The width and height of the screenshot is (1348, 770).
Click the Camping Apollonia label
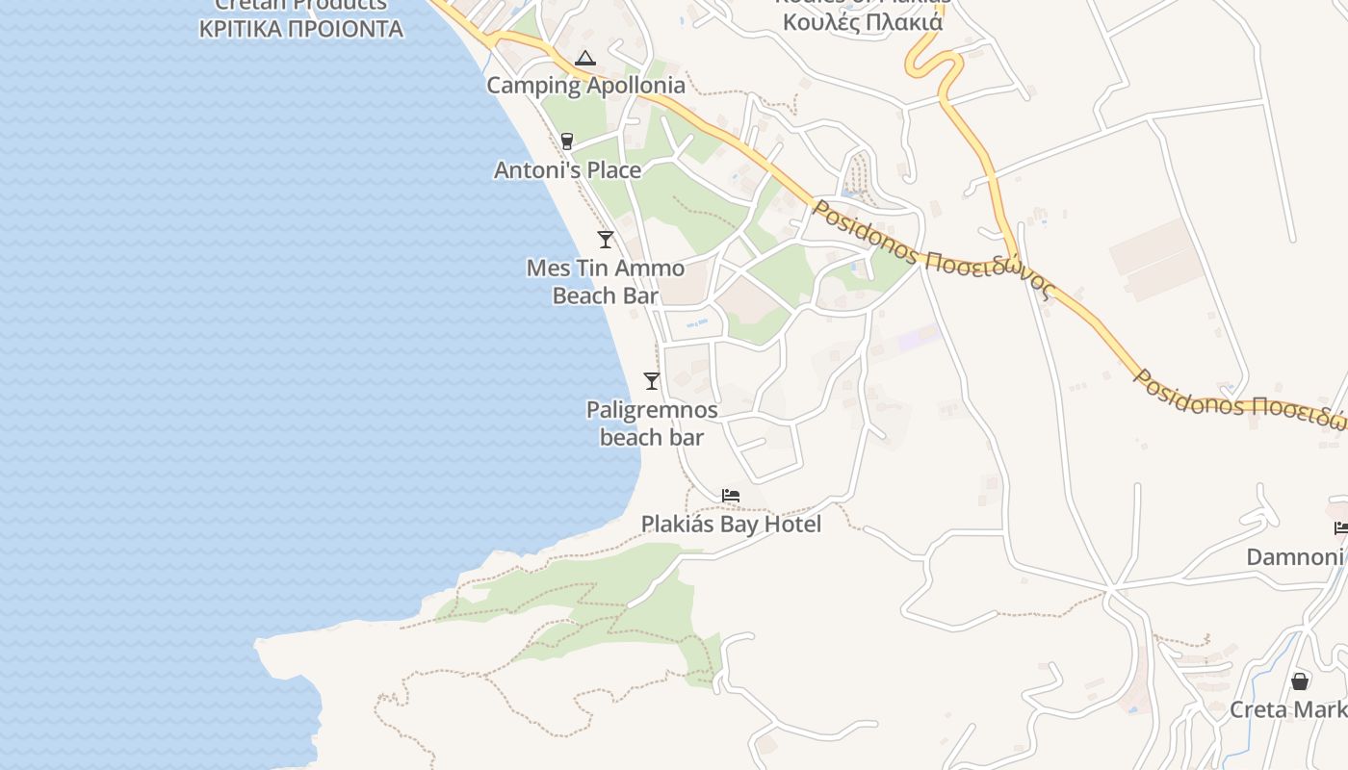click(585, 85)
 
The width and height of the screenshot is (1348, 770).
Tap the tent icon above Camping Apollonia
click(585, 59)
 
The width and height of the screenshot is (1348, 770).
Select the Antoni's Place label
click(567, 170)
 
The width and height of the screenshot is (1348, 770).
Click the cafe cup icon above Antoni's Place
click(567, 141)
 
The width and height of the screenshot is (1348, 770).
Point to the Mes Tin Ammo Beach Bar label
click(606, 281)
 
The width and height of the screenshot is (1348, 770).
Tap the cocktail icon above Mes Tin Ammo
click(606, 240)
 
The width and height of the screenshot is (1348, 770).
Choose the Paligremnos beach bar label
click(652, 423)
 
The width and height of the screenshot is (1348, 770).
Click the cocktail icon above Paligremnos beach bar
click(652, 381)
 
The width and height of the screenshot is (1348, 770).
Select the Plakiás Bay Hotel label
click(731, 524)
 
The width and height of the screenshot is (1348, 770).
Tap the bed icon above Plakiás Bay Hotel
click(731, 497)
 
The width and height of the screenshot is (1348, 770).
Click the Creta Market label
click(1288, 709)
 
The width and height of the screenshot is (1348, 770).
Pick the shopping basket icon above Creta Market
click(1300, 681)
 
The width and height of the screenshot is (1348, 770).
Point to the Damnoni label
click(1295, 556)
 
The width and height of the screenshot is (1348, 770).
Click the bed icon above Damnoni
click(1341, 527)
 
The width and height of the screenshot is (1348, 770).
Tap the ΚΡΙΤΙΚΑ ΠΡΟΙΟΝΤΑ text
click(300, 29)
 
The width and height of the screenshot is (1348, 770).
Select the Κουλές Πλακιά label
click(863, 21)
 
